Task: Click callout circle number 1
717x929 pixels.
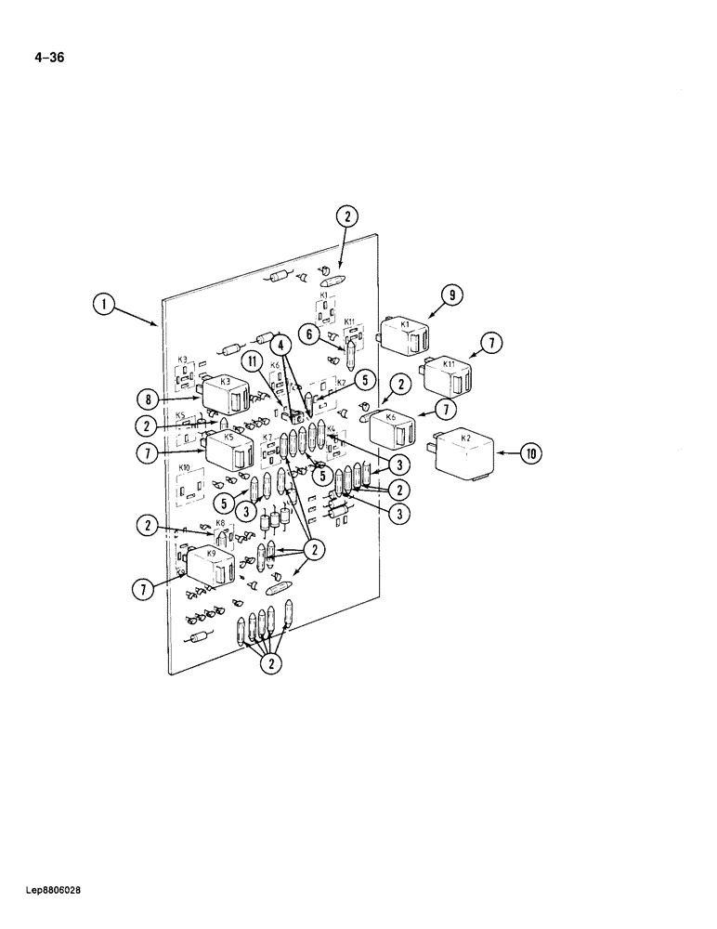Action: tap(104, 304)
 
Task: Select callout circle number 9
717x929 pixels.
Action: tap(450, 296)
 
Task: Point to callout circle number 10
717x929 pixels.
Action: tap(530, 453)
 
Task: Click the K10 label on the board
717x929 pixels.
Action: tap(184, 467)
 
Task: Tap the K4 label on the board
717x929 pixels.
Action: tap(331, 430)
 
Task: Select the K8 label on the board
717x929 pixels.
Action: tap(220, 523)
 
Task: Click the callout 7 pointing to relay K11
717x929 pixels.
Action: tap(492, 345)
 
